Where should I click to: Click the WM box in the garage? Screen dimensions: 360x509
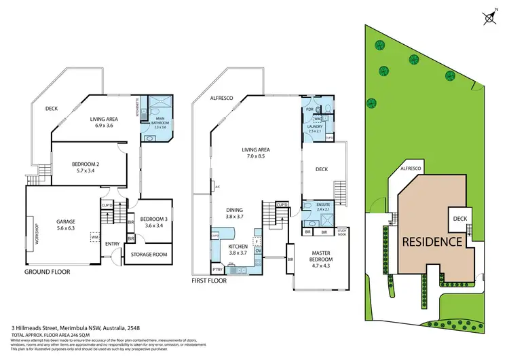pos(94,238)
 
